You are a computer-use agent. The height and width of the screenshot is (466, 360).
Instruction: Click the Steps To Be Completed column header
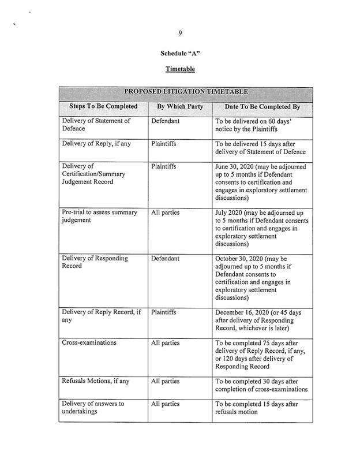point(104,107)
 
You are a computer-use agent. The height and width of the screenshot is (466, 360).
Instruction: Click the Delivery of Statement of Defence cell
point(96,125)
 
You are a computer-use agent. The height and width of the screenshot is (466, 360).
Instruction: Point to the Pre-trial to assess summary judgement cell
point(100,217)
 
